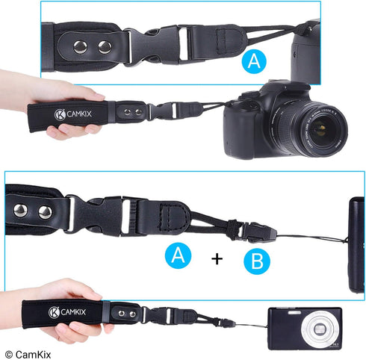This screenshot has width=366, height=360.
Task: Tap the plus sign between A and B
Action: [x=217, y=259]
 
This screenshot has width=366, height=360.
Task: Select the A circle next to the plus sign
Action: [x=179, y=255]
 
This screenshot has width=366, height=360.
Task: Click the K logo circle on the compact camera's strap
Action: [x=55, y=313]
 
